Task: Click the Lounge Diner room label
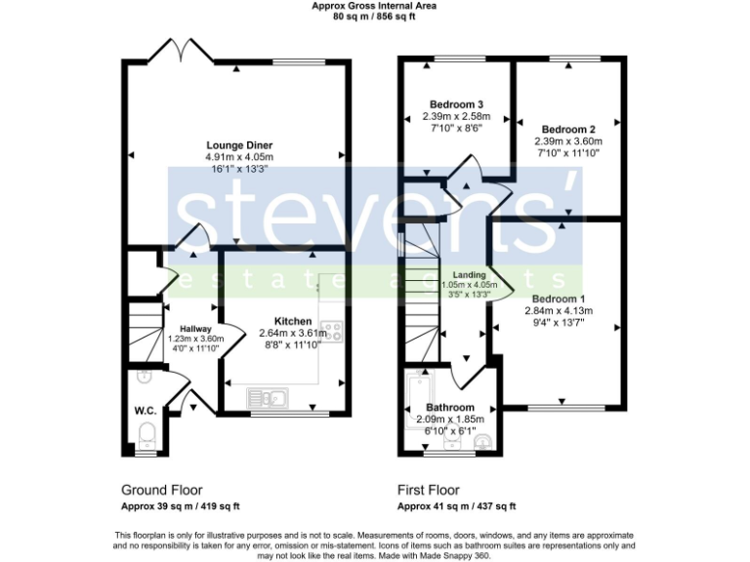[x=238, y=144]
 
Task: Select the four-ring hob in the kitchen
[x=329, y=333]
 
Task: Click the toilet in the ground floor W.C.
[x=146, y=433]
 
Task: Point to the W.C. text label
[x=146, y=410]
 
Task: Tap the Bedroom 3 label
[x=458, y=104]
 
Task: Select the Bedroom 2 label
[x=567, y=129]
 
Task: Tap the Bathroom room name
[x=449, y=407]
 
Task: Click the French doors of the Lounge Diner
[x=179, y=51]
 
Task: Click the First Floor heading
[x=429, y=490]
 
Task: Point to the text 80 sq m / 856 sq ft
[x=374, y=17]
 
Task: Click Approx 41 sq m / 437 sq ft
[x=456, y=506]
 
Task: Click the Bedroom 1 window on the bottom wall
[x=562, y=407]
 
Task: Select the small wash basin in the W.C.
[x=144, y=375]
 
